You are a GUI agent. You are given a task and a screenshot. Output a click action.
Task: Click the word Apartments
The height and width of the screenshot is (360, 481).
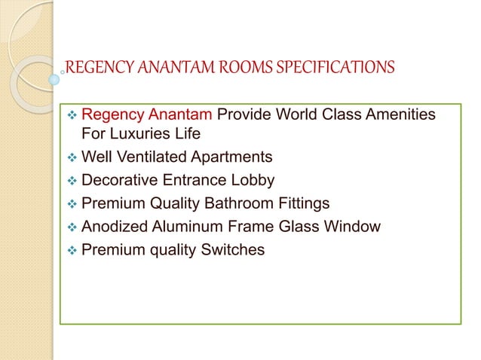click(x=234, y=158)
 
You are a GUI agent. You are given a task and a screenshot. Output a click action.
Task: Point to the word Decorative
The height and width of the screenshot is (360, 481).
click(x=120, y=181)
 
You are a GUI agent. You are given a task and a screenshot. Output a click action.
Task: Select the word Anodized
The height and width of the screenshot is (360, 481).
click(x=114, y=226)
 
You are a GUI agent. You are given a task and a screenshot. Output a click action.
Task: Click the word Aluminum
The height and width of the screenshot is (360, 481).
click(x=188, y=226)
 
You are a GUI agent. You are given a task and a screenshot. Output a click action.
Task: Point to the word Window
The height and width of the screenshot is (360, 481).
click(x=354, y=226)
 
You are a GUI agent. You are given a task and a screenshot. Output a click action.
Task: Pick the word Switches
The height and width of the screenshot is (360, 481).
click(x=234, y=249)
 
